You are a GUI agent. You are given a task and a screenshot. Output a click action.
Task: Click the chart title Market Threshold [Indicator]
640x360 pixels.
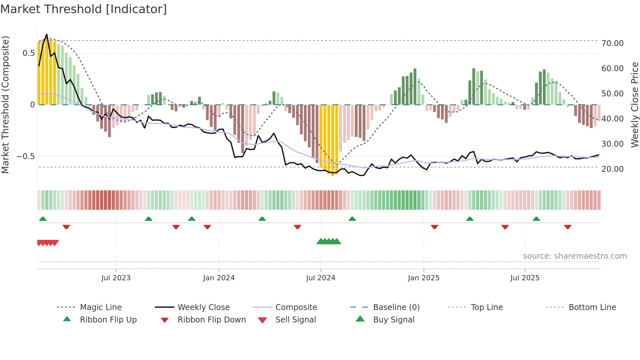tap(84, 9)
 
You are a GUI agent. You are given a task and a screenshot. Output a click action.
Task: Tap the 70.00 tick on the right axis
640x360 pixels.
tap(612, 43)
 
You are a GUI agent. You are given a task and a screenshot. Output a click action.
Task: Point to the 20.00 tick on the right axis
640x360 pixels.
tap(612, 169)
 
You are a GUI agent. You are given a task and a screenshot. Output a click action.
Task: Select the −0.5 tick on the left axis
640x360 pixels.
tap(26, 156)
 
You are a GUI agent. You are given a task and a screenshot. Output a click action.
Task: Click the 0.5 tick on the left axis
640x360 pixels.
tap(28, 53)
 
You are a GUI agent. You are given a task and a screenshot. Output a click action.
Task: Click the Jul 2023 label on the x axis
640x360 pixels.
tap(116, 278)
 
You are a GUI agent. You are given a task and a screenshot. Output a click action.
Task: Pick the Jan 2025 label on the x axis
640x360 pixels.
tap(424, 278)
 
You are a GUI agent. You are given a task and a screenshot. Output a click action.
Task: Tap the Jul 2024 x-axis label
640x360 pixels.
tap(321, 278)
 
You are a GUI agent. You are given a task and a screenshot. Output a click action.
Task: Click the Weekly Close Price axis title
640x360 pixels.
tap(634, 105)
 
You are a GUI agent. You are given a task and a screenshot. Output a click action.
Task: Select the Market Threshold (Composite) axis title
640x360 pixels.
tap(5, 105)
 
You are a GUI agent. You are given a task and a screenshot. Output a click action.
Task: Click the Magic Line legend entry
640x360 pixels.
tap(101, 307)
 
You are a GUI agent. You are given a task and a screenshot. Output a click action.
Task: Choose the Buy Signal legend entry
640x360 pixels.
tap(393, 320)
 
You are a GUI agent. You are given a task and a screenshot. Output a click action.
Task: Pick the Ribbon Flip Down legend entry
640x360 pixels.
tap(211, 320)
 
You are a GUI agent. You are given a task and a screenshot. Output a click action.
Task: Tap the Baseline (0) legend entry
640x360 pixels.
tap(396, 307)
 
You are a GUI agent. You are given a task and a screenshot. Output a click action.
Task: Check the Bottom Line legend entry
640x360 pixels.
tap(592, 307)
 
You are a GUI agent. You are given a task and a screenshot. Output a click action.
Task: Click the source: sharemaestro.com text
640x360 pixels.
tap(575, 256)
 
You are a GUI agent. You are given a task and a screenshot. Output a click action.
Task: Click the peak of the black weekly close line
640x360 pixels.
tap(47, 34)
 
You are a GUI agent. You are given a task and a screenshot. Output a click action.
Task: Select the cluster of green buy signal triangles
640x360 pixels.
tap(329, 241)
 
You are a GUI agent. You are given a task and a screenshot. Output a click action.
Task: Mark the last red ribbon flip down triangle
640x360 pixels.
tap(568, 227)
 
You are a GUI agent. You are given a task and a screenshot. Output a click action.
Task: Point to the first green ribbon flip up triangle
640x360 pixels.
tap(43, 219)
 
